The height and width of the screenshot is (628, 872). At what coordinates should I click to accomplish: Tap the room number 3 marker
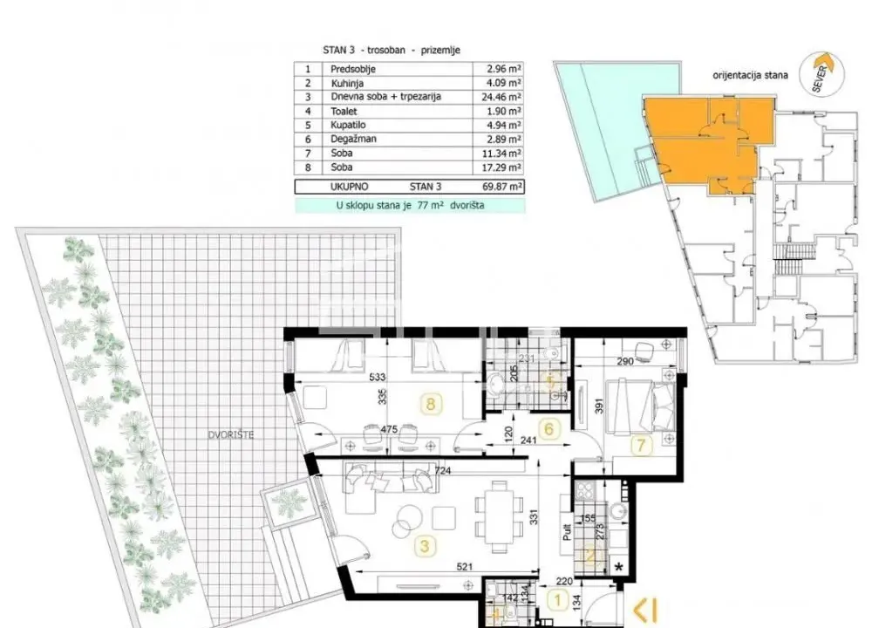(x=424, y=547)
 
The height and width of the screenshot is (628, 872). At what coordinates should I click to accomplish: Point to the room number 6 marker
(x=549, y=428)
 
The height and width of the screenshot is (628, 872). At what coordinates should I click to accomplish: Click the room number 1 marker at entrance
(x=556, y=600)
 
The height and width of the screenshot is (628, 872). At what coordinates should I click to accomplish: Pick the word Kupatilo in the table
(x=350, y=125)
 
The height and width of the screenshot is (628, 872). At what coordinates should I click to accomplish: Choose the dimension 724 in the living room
(x=444, y=472)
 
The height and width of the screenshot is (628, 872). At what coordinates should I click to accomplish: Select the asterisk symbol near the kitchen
(x=619, y=568)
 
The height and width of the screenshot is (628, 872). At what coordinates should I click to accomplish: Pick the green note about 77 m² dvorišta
(x=410, y=206)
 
